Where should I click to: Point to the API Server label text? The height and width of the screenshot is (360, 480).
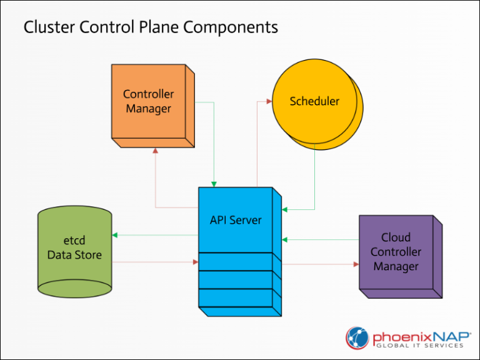[236, 220]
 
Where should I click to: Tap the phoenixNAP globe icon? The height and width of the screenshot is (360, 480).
[358, 337]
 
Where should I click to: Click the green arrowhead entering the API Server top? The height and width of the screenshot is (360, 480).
[214, 184]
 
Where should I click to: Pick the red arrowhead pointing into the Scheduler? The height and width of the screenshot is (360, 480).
[268, 100]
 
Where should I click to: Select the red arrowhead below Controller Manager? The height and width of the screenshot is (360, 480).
[155, 151]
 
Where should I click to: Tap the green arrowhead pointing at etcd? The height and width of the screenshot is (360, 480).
[115, 236]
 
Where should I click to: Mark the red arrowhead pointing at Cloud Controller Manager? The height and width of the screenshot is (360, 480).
[356, 264]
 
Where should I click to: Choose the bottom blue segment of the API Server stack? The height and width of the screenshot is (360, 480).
[236, 299]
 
